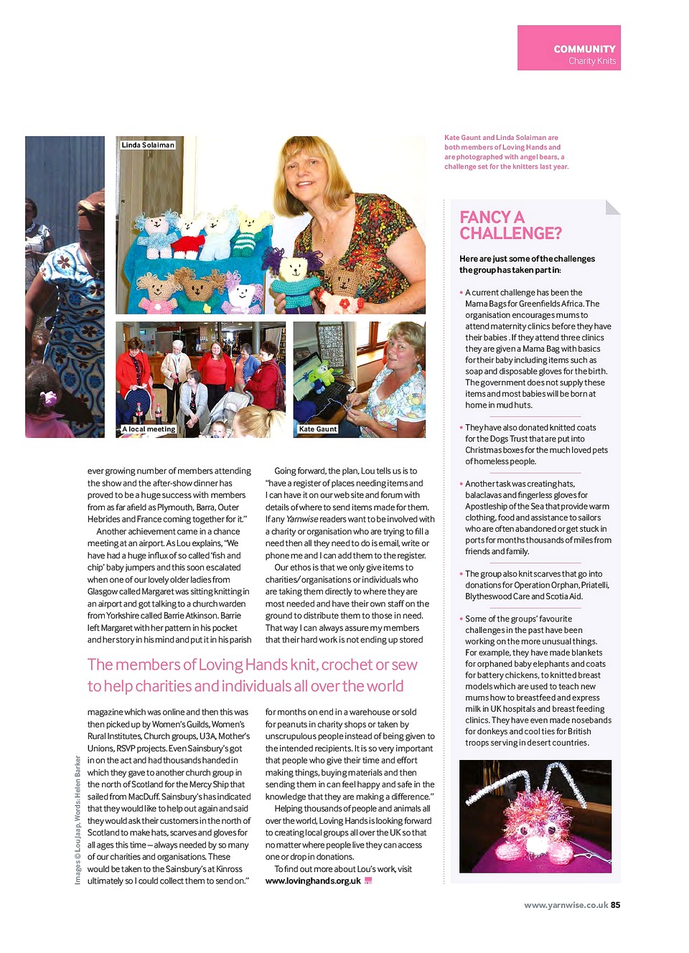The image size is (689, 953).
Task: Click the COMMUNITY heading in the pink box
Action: (x=584, y=49)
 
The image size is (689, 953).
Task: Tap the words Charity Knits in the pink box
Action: (x=592, y=61)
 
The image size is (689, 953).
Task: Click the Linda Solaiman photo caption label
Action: (x=148, y=145)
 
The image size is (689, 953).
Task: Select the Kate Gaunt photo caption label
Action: (x=317, y=429)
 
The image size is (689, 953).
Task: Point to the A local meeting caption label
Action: (x=149, y=429)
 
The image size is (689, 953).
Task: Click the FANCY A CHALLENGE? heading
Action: (x=510, y=225)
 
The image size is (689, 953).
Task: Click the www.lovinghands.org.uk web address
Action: (x=313, y=881)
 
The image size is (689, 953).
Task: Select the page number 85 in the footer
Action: (x=615, y=905)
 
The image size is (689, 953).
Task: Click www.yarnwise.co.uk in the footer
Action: (x=566, y=905)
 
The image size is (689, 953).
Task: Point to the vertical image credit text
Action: (x=78, y=820)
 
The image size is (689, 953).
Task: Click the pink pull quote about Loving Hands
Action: (x=252, y=675)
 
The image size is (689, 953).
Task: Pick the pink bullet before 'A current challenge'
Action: (x=461, y=293)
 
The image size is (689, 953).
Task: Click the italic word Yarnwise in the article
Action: (x=301, y=520)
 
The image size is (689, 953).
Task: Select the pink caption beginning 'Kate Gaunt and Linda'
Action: (x=505, y=152)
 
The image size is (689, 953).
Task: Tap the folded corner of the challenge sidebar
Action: (x=612, y=207)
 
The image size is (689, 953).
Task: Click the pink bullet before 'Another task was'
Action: (x=461, y=484)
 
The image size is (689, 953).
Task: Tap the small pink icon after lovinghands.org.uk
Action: (x=368, y=881)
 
